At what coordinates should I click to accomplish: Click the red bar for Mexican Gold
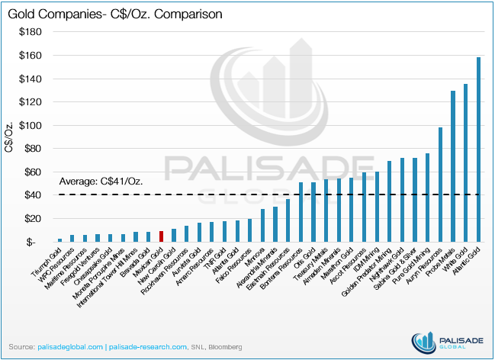click(x=161, y=236)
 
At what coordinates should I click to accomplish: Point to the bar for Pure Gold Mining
click(x=427, y=198)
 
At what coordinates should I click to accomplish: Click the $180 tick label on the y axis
click(x=35, y=32)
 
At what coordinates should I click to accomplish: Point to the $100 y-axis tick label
click(x=35, y=126)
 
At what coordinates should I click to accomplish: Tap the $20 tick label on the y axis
click(x=37, y=219)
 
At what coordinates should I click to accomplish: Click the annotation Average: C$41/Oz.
click(x=101, y=182)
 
